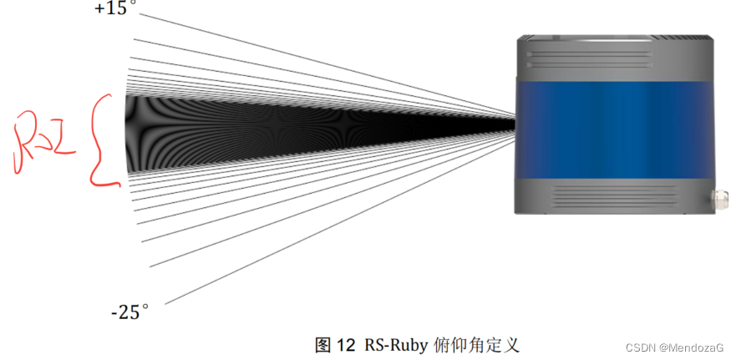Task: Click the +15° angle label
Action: [x=114, y=9]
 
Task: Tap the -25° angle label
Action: [x=129, y=313]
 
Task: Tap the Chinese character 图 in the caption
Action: [x=324, y=344]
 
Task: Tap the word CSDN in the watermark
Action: [x=638, y=346]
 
